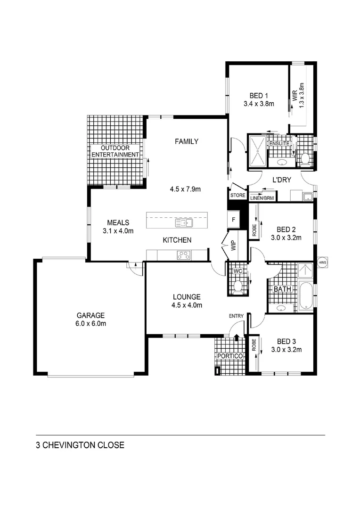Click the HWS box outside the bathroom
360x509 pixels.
coord(322,263)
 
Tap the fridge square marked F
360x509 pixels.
coord(233,220)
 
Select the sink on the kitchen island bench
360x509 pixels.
coord(181,222)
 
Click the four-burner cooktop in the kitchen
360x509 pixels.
coord(183,255)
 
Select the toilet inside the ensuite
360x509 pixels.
coord(305,158)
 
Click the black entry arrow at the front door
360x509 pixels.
coord(237,336)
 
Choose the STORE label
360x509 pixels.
coord(237,195)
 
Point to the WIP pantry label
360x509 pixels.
coord(234,246)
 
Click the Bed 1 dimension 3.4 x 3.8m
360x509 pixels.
coord(259,104)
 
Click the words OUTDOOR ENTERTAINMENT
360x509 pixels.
coord(115,151)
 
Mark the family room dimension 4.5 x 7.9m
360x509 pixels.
coord(186,189)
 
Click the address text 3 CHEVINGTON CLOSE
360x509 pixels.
coord(80,445)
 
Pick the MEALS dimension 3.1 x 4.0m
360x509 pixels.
coord(118,231)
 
